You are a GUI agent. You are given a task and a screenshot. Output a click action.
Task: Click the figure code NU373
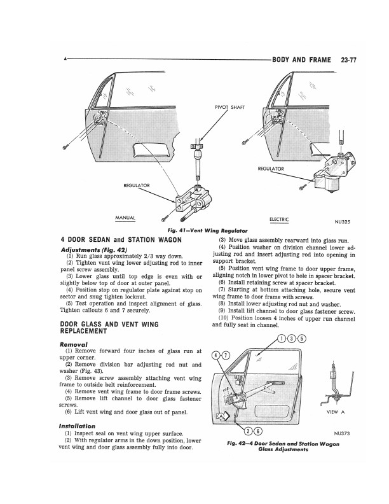tap(342, 435)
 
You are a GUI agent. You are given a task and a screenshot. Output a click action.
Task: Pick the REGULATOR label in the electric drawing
tap(271, 168)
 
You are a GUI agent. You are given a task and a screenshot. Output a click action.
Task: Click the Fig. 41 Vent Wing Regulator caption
tap(193, 229)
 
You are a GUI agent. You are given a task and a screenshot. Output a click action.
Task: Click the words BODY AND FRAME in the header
tap(301, 60)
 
